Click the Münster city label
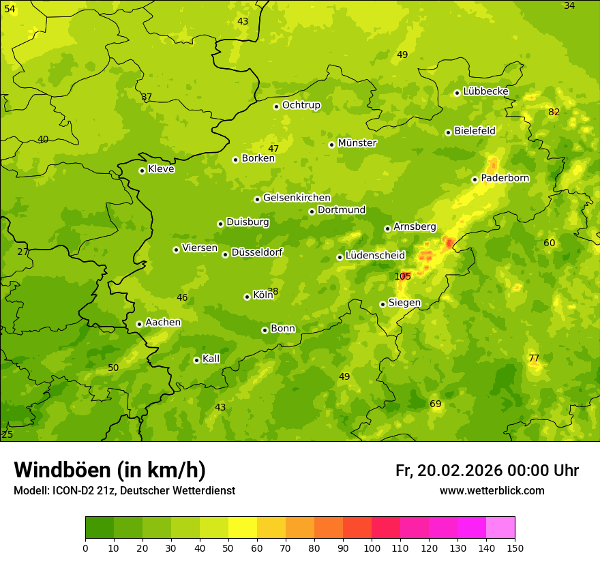click(x=357, y=143)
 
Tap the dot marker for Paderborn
click(x=475, y=179)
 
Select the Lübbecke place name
click(x=485, y=91)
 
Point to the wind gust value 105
click(x=402, y=276)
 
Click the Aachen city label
click(x=163, y=323)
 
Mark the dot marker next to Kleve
click(x=142, y=170)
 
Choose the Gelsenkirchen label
click(x=297, y=198)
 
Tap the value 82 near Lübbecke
click(x=554, y=112)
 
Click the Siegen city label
click(x=404, y=303)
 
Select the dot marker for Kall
click(x=196, y=360)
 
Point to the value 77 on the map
click(x=534, y=358)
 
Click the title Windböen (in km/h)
click(x=109, y=470)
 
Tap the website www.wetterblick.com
click(x=492, y=491)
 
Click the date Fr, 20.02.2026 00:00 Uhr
click(x=487, y=471)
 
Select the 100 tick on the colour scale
click(x=372, y=548)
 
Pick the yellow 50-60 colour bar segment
click(x=243, y=528)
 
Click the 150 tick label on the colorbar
click(x=515, y=548)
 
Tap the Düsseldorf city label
click(x=257, y=252)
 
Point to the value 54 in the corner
click(x=10, y=8)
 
